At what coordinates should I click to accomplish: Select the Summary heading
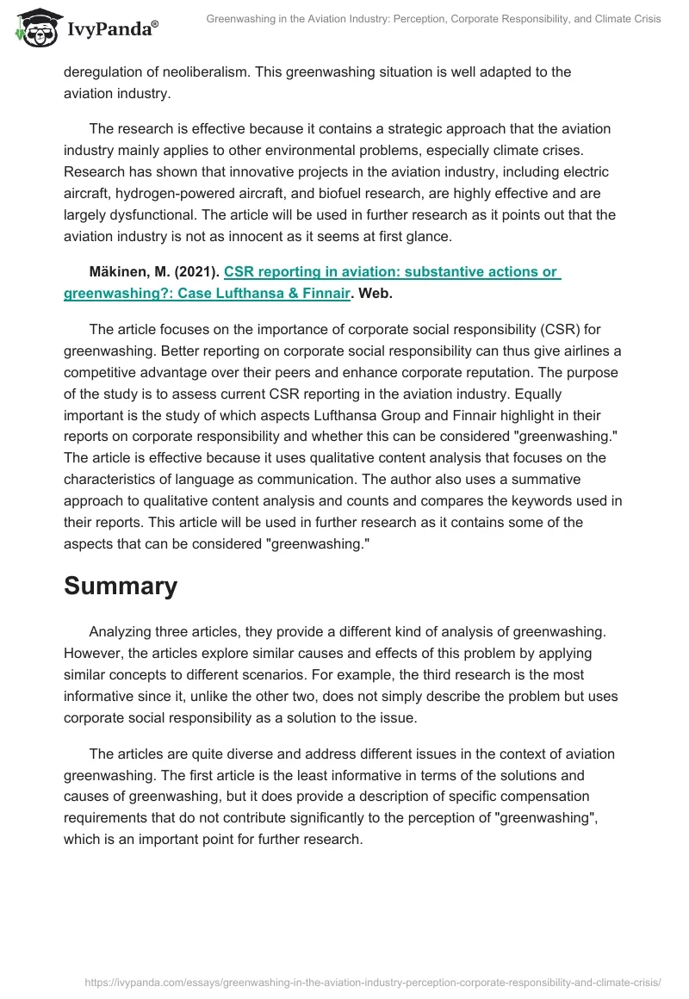[x=121, y=586]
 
